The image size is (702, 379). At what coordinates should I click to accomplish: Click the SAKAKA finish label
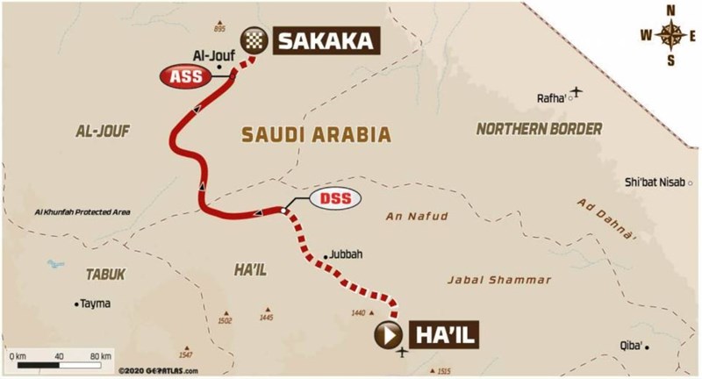(x=327, y=39)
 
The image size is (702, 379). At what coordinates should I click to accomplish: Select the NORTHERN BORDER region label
(x=539, y=129)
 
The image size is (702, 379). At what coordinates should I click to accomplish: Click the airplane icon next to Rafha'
(x=577, y=91)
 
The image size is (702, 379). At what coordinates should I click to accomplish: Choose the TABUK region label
(x=105, y=274)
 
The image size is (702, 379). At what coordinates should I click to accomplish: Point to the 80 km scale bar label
(x=98, y=357)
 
